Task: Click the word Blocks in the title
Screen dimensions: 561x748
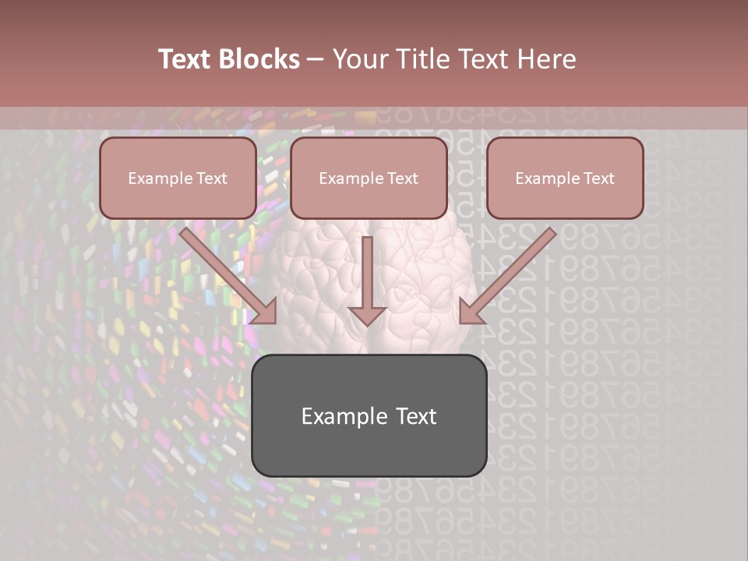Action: [258, 59]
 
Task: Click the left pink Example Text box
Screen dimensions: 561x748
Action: [178, 178]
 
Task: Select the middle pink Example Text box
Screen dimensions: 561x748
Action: [369, 178]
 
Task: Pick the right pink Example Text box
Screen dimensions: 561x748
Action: [565, 178]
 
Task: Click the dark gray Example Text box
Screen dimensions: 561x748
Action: [369, 415]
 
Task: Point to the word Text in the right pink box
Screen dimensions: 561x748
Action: [598, 178]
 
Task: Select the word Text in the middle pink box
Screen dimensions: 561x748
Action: [402, 178]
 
